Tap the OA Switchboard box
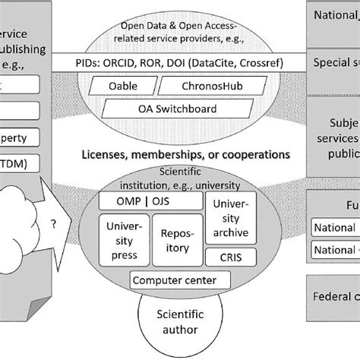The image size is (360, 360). tap(166, 109)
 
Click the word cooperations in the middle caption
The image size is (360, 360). tap(251, 153)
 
